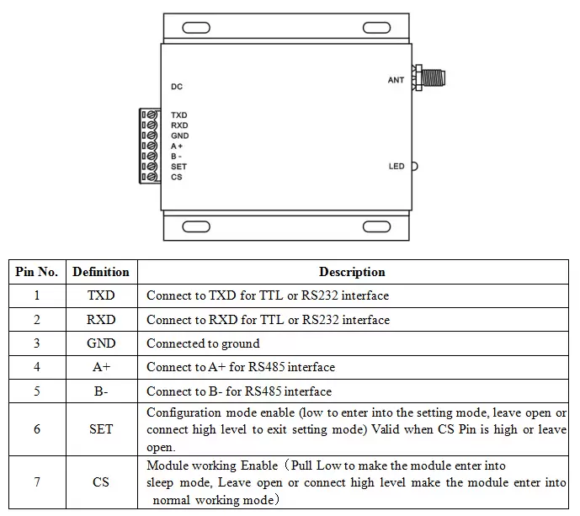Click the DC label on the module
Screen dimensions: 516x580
tap(177, 87)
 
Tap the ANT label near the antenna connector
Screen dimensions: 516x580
tap(396, 80)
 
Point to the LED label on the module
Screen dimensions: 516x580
tap(396, 167)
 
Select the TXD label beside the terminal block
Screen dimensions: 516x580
tap(178, 115)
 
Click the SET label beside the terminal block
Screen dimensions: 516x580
tap(178, 167)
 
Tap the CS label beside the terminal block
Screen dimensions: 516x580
tap(176, 177)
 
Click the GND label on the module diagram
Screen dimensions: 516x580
tap(179, 136)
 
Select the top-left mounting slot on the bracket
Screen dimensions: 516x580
tap(196, 26)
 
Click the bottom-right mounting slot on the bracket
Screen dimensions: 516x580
tap(376, 226)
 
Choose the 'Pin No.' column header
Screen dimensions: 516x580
tap(37, 272)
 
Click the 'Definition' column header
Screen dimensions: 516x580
tap(101, 272)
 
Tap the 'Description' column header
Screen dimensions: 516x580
tap(352, 272)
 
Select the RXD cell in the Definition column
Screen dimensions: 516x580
tap(101, 320)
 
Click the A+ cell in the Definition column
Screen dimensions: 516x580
tap(101, 367)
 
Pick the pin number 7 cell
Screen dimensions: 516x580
tap(37, 482)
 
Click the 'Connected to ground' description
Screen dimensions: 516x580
tap(203, 343)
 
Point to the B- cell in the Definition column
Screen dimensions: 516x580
tap(101, 391)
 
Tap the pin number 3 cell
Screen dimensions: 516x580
tap(37, 343)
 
